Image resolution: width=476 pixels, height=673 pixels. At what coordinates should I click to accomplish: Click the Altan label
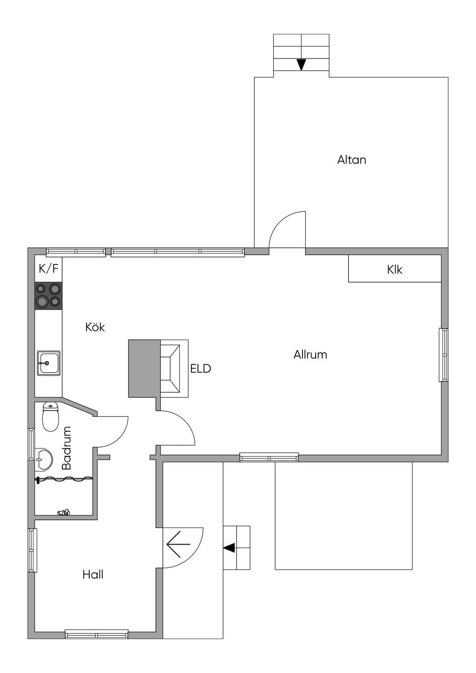(x=351, y=159)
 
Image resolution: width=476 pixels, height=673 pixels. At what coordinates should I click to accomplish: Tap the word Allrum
(x=310, y=355)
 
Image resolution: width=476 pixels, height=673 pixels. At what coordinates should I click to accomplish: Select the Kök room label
(x=95, y=327)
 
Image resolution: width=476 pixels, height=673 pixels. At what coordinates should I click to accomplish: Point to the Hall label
(x=93, y=574)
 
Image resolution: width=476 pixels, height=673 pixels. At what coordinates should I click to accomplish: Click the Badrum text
(x=66, y=448)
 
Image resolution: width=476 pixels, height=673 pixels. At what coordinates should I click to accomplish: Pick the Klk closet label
(x=395, y=270)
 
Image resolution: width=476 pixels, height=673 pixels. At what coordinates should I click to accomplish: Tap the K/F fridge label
(x=48, y=268)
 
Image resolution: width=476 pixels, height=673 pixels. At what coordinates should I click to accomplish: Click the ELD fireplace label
(x=201, y=369)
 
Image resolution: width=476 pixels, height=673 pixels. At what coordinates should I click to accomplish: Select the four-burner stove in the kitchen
(x=48, y=296)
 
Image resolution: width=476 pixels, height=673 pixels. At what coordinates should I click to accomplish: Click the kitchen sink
(x=48, y=363)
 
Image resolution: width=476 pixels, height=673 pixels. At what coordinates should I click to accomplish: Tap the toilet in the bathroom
(x=50, y=417)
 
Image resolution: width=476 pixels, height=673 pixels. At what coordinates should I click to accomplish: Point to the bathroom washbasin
(x=44, y=460)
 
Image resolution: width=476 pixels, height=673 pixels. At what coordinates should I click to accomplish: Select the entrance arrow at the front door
(x=178, y=544)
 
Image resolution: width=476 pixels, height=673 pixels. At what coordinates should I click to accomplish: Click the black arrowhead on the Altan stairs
(x=301, y=65)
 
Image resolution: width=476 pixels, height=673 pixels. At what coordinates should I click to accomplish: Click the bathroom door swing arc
(x=119, y=435)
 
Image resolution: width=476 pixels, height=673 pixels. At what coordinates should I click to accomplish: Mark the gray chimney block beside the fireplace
(x=144, y=369)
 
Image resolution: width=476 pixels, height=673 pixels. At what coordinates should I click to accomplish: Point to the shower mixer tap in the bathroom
(x=63, y=512)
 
